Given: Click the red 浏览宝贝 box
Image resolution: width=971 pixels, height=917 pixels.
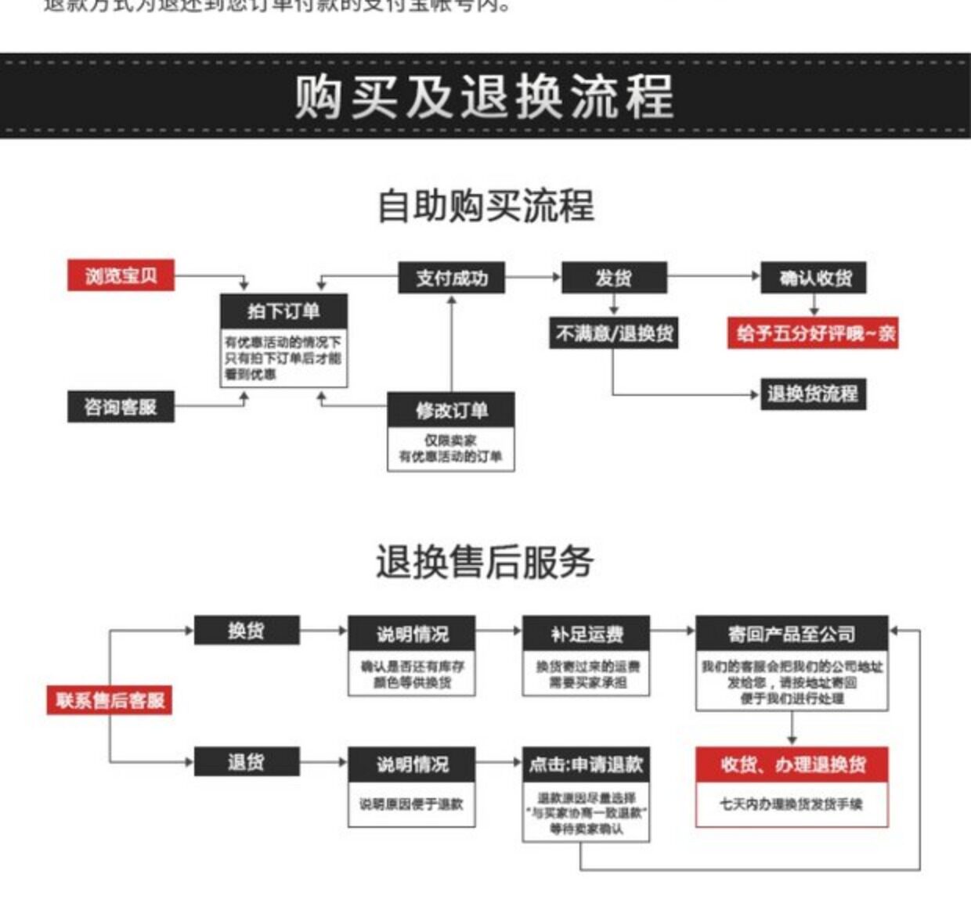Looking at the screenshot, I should (121, 275).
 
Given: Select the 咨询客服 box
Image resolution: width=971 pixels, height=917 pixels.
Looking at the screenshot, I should (121, 407).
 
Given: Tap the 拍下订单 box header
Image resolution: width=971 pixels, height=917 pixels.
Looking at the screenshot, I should (283, 311).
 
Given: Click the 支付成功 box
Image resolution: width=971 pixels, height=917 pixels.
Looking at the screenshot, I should (451, 278).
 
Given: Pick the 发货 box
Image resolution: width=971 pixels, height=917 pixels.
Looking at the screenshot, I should (614, 278).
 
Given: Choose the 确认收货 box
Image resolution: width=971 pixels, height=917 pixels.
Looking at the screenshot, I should (814, 278).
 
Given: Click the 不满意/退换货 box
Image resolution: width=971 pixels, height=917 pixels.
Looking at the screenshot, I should (614, 333).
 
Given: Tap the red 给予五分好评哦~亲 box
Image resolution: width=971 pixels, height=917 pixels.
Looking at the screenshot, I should (814, 333).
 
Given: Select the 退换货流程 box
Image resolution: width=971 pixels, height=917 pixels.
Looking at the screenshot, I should (814, 393).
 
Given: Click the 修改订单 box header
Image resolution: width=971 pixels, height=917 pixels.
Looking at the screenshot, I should (451, 410).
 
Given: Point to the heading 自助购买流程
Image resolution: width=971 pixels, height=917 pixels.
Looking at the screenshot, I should (485, 206).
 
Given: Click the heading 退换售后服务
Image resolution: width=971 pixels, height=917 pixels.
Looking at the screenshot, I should (485, 562).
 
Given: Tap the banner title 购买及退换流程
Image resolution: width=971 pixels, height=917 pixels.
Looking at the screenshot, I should (485, 96).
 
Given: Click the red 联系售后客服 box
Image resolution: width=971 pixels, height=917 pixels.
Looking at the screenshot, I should (110, 699).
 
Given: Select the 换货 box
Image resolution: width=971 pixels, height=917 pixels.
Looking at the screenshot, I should (247, 631).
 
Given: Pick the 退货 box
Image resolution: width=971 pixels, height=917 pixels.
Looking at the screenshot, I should (247, 761).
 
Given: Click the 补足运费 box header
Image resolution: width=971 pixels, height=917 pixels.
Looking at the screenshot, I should (586, 633).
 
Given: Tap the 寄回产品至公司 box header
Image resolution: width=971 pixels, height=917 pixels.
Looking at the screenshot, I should (792, 633).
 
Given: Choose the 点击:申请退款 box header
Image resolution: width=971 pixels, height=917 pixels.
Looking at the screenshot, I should (586, 764).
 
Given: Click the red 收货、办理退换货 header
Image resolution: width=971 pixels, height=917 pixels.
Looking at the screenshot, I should (792, 764).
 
